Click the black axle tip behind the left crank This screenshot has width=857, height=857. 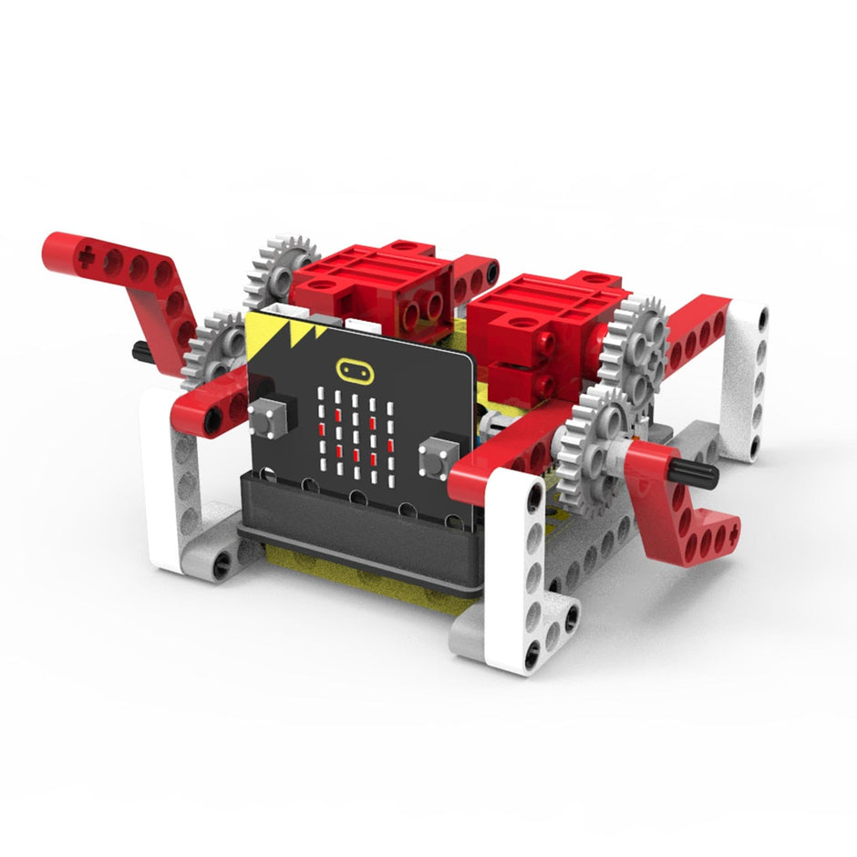(x=141, y=349)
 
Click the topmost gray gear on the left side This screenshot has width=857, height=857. (x=278, y=264)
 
